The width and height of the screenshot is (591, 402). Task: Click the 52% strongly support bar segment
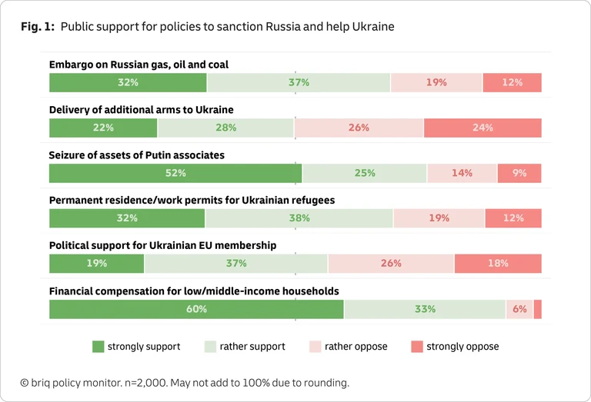[x=175, y=173]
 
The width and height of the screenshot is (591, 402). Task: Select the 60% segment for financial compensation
[x=196, y=309]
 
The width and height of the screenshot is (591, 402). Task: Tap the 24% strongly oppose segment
[x=482, y=128]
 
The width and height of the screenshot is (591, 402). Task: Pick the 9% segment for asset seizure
[x=519, y=173]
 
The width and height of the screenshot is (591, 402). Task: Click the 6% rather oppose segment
[x=519, y=309]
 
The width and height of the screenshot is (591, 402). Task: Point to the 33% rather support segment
[x=425, y=309]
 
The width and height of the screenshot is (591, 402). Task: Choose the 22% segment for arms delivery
[x=103, y=128]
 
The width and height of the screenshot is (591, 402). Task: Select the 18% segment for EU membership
[x=498, y=264]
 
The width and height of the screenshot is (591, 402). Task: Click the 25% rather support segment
[x=365, y=173]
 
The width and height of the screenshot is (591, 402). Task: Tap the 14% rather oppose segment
[x=462, y=173]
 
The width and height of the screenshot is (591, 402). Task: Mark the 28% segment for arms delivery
[x=226, y=128]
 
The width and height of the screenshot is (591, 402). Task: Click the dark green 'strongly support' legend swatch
[x=98, y=347]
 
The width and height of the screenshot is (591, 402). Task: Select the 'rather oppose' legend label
[x=356, y=347]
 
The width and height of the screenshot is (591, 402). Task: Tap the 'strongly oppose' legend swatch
[x=416, y=347]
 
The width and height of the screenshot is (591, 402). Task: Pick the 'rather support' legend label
[x=252, y=347]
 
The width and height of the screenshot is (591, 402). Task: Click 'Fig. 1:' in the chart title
[x=37, y=27]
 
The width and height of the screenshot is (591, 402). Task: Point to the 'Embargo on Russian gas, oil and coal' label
[x=139, y=65]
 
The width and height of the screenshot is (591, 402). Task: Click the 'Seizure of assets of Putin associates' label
[x=136, y=155]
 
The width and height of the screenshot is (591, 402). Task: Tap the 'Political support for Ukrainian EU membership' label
[x=162, y=245]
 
